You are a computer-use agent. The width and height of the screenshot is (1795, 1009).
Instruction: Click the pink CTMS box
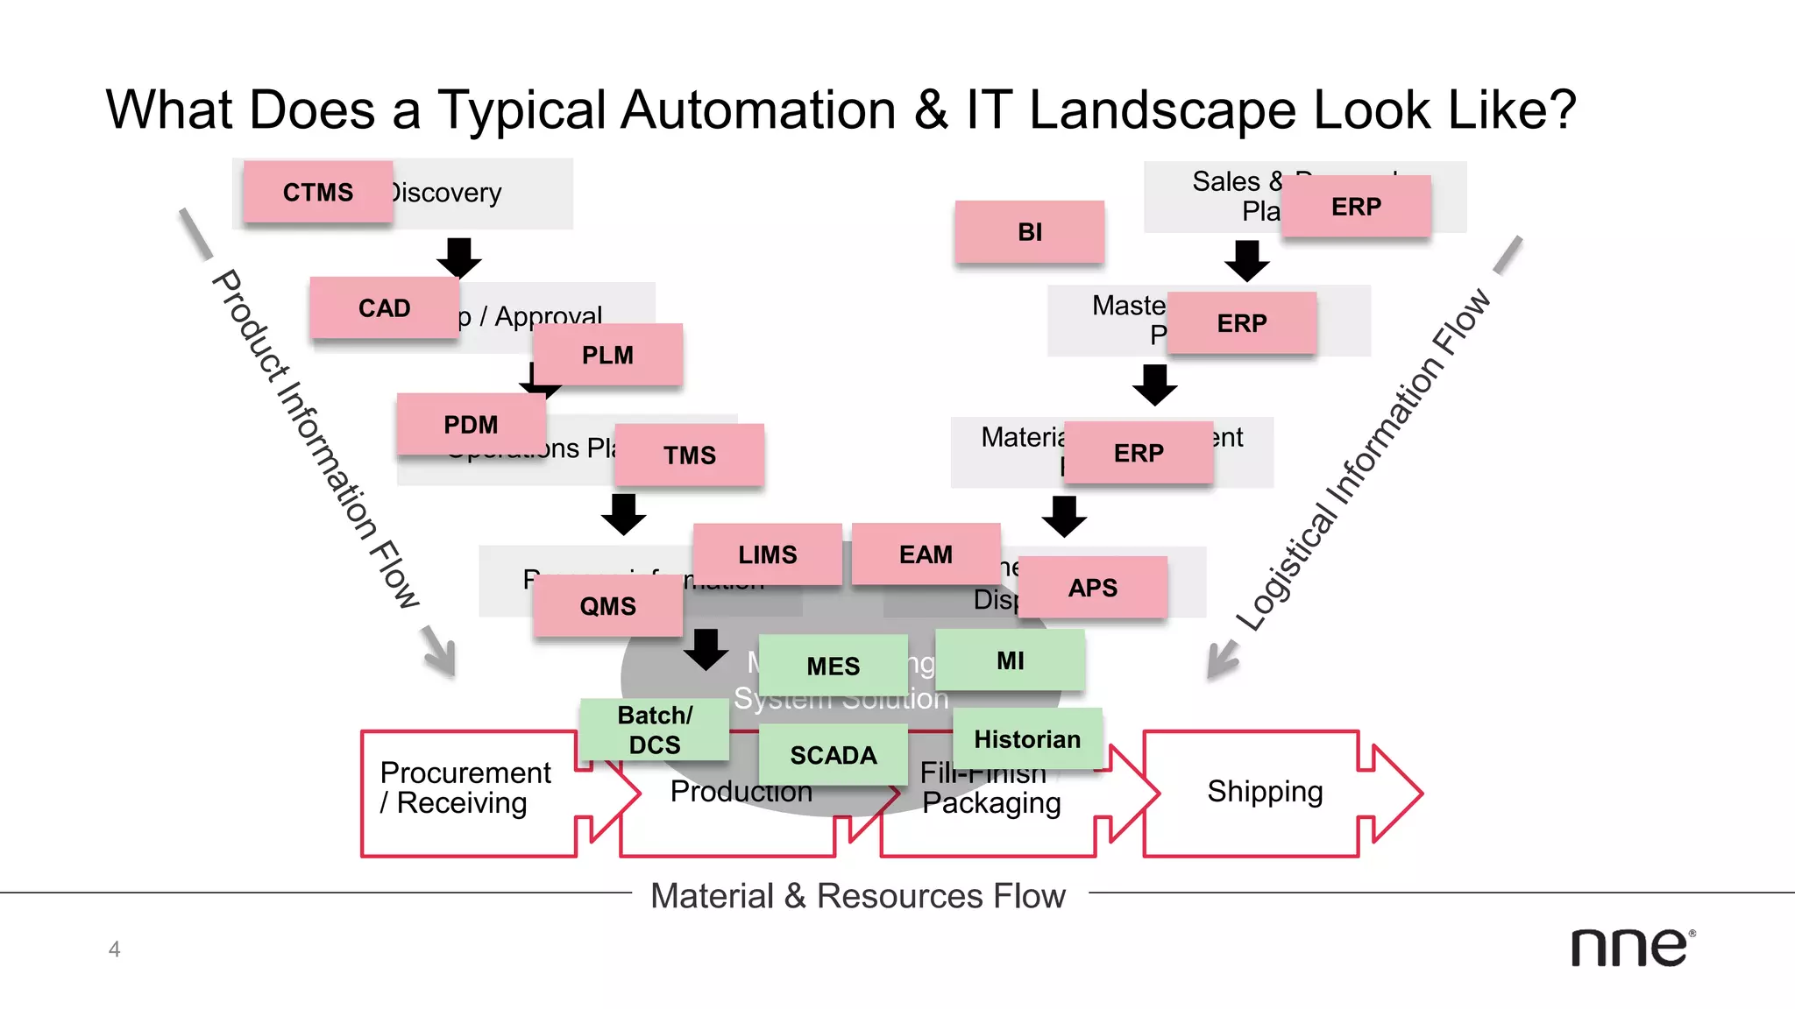[317, 192]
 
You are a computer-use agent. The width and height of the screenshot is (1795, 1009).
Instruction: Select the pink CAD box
[384, 308]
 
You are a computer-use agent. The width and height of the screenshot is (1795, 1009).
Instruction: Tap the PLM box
[607, 355]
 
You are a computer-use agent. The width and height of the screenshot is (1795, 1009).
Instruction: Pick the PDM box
[471, 425]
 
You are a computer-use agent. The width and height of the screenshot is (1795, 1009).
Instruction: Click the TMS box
[689, 455]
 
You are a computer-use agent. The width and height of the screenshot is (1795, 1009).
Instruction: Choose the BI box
[1030, 232]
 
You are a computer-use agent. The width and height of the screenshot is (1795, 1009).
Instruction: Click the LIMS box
[767, 554]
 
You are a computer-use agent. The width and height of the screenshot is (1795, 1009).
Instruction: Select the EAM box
[926, 554]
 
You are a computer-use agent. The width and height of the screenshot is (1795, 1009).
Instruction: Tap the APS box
[1092, 588]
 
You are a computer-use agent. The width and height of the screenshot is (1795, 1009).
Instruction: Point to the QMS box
[607, 606]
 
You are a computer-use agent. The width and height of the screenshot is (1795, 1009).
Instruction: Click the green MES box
[833, 667]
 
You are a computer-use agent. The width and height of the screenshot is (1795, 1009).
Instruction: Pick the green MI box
[1010, 660]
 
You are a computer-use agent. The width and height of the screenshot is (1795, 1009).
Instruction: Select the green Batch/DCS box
[654, 730]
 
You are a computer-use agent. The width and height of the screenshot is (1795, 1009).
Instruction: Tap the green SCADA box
[833, 755]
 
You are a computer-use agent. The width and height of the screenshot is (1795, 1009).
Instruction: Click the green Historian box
[1027, 739]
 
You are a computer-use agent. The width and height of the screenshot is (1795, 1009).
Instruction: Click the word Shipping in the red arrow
[1264, 791]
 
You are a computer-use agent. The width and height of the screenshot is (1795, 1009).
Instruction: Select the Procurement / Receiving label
[465, 787]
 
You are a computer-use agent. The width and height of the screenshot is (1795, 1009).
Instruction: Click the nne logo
[1631, 948]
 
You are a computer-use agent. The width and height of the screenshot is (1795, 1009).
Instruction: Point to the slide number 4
[114, 949]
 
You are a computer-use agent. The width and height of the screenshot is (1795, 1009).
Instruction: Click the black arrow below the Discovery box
[458, 257]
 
